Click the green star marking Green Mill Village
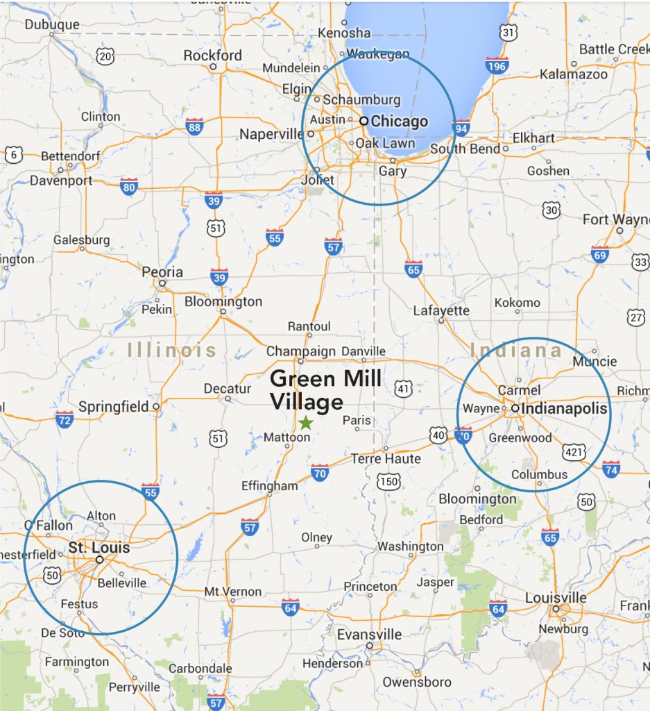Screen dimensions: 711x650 coord(305,422)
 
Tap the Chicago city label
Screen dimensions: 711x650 coord(399,122)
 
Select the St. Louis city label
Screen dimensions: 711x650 coord(99,549)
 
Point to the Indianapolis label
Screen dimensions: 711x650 coord(564,409)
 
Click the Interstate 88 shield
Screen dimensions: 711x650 coord(194,126)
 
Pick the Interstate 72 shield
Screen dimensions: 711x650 coord(65,419)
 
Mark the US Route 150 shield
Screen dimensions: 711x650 coord(388,480)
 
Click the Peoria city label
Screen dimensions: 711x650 coord(162,272)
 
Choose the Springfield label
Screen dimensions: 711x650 coord(114,406)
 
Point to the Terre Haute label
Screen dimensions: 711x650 coord(386,459)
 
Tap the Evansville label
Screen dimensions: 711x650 coord(369,635)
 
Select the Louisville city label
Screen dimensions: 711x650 coord(556,598)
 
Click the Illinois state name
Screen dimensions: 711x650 coord(172,350)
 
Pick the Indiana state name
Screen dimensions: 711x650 coord(516,350)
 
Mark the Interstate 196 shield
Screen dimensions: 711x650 coord(497,65)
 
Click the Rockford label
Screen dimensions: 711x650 coord(213,56)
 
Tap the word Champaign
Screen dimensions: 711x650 coord(301,351)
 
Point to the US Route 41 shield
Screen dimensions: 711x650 coord(404,390)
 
